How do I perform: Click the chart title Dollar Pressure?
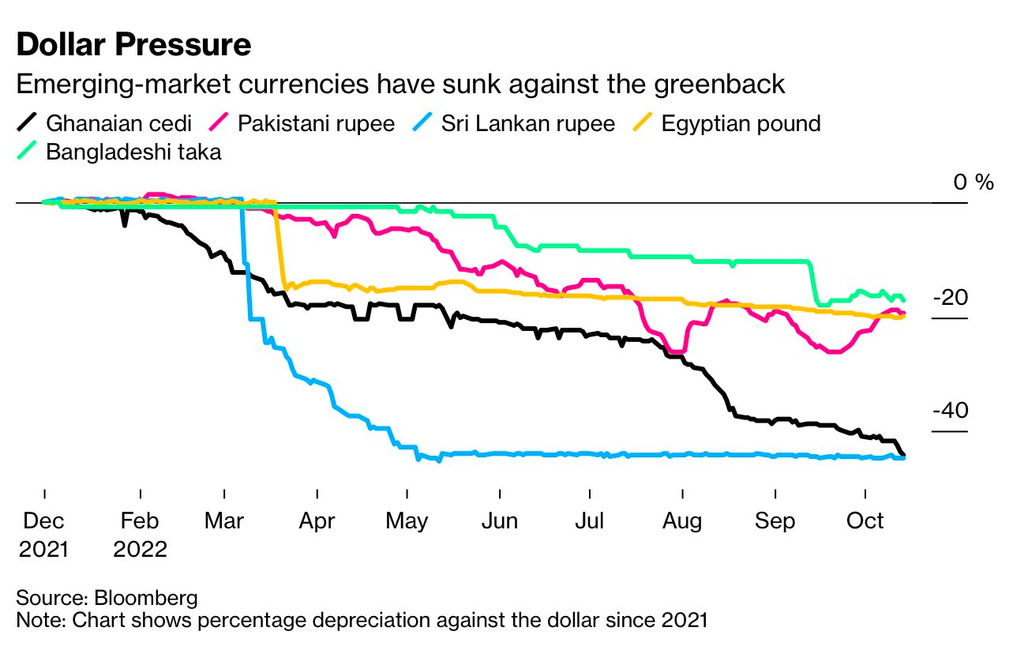133,45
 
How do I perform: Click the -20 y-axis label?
951,299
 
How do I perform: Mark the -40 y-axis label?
951,411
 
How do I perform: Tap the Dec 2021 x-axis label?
44,534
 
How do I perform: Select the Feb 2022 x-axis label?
140,534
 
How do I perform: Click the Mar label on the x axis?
225,521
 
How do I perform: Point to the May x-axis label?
407,521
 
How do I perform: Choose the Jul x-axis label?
590,521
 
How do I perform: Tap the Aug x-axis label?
681,521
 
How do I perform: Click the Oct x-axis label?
865,521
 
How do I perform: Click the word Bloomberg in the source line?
146,597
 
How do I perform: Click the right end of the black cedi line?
904,455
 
